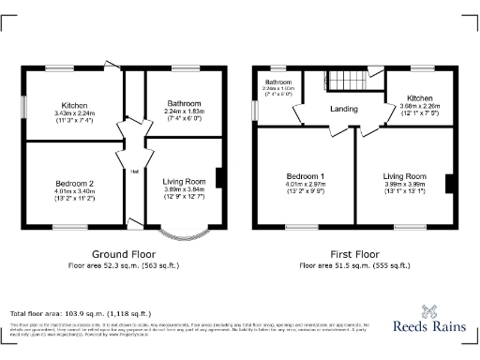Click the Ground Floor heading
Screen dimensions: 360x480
[x=122, y=254]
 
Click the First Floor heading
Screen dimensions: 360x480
[x=354, y=254]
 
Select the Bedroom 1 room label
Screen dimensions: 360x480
[x=306, y=176]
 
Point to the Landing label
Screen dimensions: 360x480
[x=343, y=110]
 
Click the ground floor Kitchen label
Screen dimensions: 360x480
[x=74, y=105]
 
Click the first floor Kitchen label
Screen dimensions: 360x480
[x=419, y=97]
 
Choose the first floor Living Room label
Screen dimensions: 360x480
[x=405, y=175]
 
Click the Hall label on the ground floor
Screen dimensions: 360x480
[x=135, y=171]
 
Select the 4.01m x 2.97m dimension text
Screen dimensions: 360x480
[x=306, y=185]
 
